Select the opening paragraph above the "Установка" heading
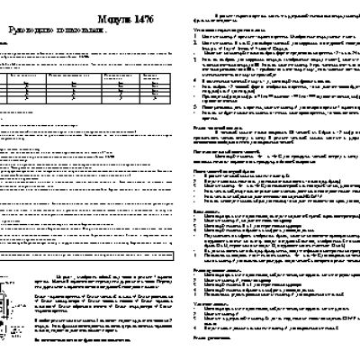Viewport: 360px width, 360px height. click(x=270, y=17)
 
